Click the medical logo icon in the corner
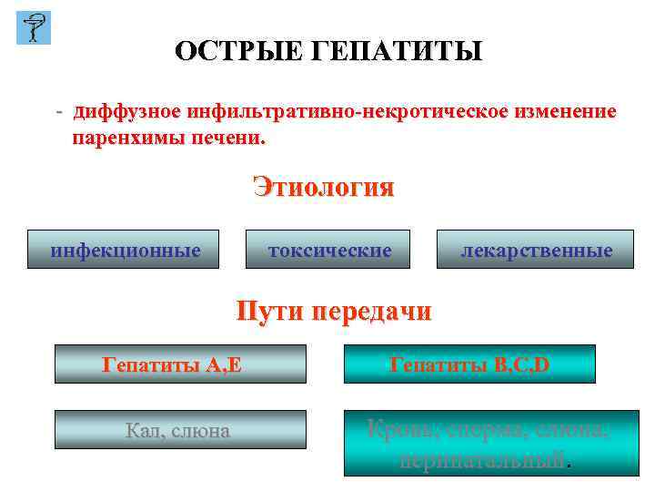pos(34,28)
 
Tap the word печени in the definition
pos(224,139)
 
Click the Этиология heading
pos(324,188)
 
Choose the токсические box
pos(327,249)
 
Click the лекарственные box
pos(535,249)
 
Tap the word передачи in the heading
pos(372,312)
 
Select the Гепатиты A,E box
pos(180,364)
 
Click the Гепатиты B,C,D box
pos(469,364)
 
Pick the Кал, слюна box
pos(180,429)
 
